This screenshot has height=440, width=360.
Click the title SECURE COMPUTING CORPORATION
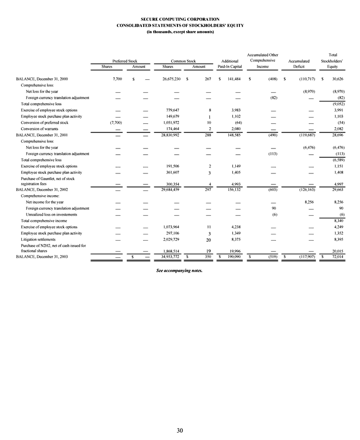coord(180,19)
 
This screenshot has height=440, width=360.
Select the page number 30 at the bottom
coord(179,430)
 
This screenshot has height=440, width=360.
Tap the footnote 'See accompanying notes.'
coord(179,270)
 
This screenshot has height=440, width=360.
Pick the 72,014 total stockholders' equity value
coord(338,256)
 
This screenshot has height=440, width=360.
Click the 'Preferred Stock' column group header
coord(125,61)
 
